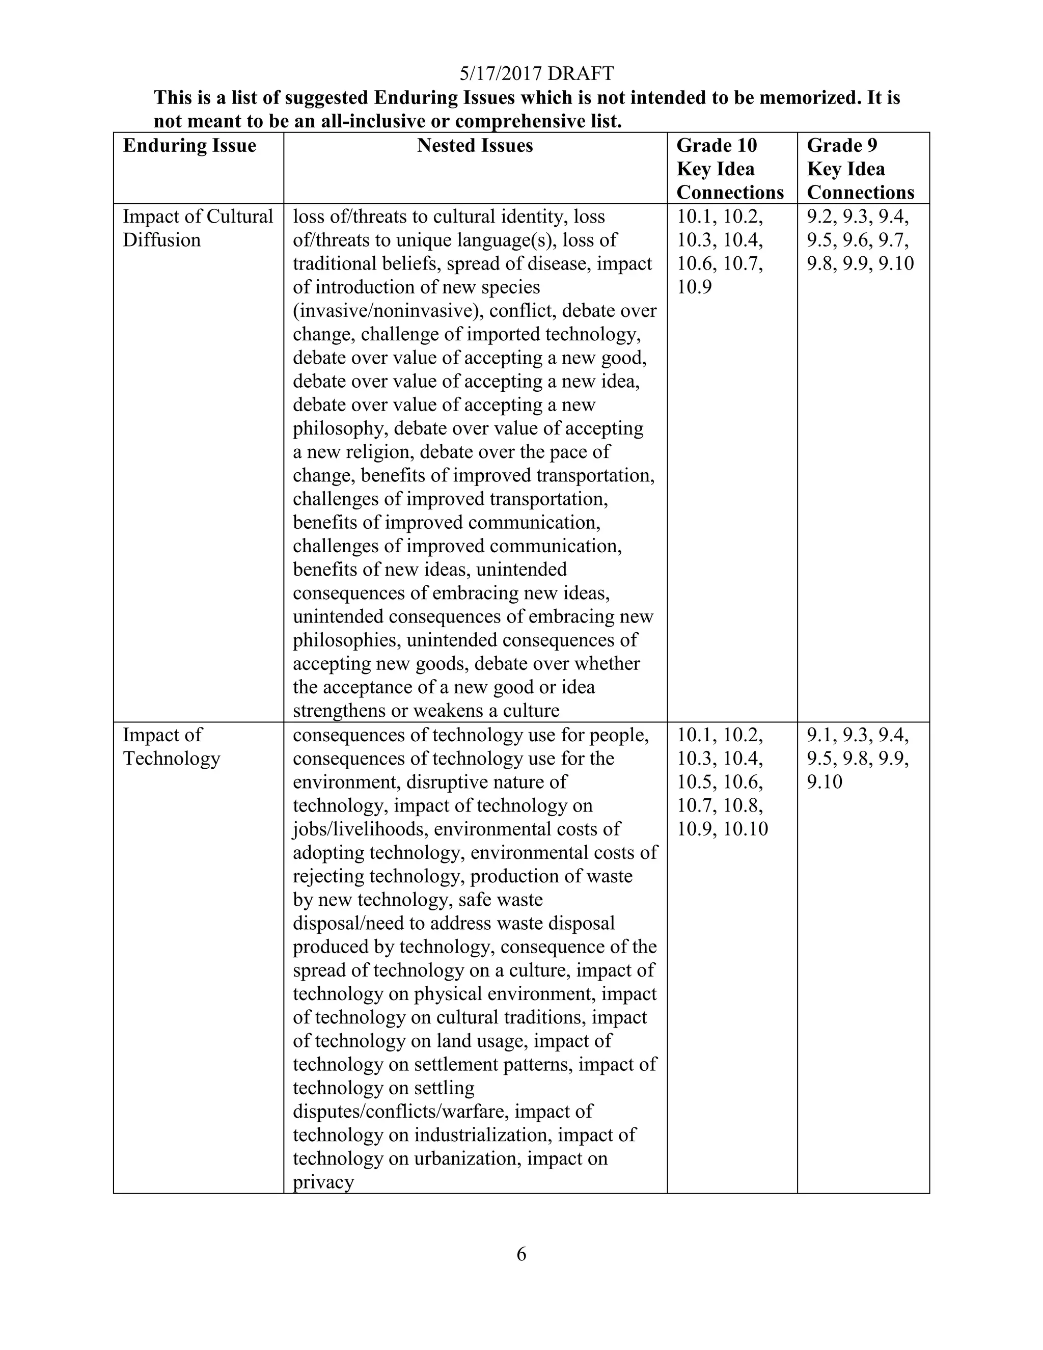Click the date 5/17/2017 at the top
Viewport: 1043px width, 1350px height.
501,73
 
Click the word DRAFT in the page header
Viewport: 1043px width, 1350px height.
580,73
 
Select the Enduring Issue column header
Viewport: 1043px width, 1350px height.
189,145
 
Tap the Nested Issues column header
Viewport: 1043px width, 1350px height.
475,145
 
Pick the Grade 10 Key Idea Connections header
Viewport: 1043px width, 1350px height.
730,169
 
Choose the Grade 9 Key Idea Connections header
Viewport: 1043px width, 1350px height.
860,169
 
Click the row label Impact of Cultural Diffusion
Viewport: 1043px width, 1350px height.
197,228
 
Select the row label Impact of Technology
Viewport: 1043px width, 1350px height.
171,746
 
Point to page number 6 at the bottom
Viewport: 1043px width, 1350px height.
521,1254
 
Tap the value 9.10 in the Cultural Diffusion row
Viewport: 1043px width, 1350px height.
896,264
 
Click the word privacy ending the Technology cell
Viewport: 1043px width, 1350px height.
323,1182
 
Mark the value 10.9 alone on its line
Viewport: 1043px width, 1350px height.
694,287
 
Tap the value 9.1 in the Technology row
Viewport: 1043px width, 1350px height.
819,735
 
